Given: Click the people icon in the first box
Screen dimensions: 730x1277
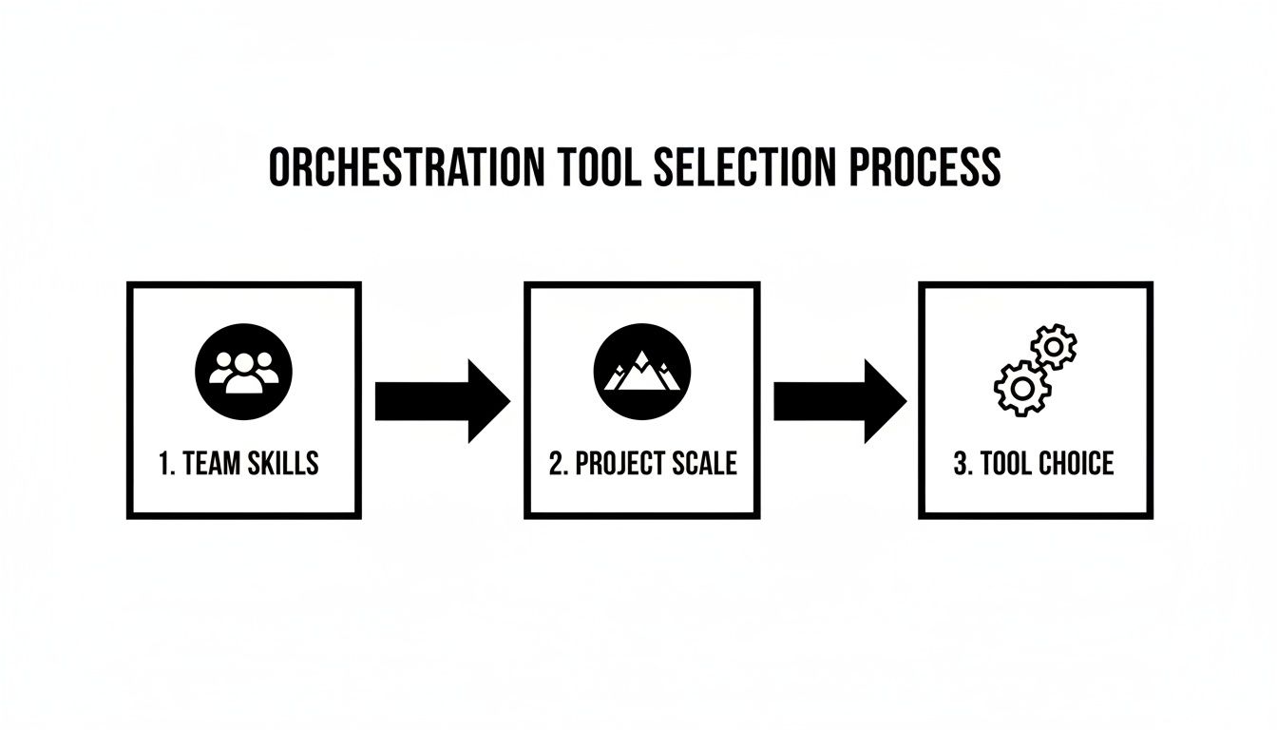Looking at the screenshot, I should (x=244, y=371).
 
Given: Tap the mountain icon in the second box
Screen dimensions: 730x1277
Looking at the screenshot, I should (x=641, y=371).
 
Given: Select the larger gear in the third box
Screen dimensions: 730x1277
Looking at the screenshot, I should (x=1021, y=387).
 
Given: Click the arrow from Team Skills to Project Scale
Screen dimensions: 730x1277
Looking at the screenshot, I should (x=442, y=401).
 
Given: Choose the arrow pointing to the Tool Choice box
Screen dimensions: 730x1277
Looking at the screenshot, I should (x=839, y=401).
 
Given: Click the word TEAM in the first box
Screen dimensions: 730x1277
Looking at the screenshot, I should (x=215, y=464).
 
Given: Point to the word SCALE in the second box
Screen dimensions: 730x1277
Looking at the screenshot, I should (x=704, y=464).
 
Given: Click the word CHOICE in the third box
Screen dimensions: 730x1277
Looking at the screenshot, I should (x=1077, y=464).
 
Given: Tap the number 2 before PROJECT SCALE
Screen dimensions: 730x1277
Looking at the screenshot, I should (x=556, y=464).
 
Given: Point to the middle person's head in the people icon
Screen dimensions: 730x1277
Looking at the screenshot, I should (x=244, y=362).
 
